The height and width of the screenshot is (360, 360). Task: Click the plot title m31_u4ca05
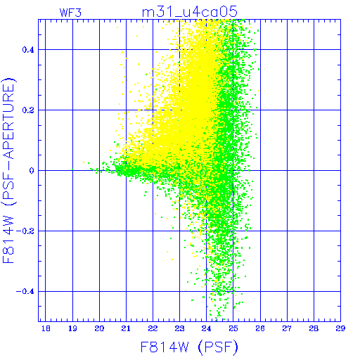coord(190,12)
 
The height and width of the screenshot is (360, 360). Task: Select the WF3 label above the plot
coord(70,13)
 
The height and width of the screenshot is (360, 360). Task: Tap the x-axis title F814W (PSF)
coord(189,347)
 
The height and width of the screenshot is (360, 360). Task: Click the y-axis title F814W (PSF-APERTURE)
coord(9,170)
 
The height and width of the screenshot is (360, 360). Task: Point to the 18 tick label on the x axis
coord(46,328)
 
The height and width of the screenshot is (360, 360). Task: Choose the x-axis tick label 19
coord(72,328)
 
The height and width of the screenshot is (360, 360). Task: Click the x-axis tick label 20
coord(99,328)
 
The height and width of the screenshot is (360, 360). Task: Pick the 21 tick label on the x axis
coord(126,328)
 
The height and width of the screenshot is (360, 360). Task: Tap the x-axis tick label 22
coord(153,328)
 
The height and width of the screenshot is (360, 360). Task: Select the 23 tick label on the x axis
coord(179,328)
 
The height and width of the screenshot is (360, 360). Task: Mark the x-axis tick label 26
coord(260,328)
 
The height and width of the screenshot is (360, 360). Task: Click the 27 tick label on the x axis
coord(287,328)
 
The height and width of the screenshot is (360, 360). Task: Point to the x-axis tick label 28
coord(314,328)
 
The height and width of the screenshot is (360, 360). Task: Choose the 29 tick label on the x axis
coord(340,328)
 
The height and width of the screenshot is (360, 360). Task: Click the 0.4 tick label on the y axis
coord(28,50)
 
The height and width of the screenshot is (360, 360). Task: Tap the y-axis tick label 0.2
coord(28,110)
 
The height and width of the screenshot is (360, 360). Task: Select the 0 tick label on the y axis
coord(32,171)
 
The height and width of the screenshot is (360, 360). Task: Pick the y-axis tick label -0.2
coord(25,231)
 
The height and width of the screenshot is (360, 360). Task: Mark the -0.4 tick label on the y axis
coord(25,292)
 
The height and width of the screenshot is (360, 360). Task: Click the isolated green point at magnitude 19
coord(72,169)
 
